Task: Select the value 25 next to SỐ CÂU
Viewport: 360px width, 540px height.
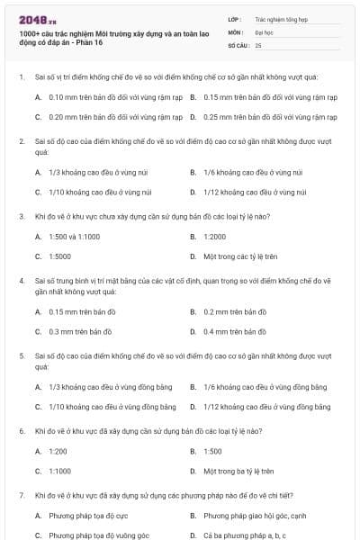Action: [258, 44]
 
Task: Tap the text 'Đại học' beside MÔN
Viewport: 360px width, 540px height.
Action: [265, 31]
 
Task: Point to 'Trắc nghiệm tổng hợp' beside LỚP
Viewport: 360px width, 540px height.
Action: [279, 18]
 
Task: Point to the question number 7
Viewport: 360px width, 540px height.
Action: [21, 495]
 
